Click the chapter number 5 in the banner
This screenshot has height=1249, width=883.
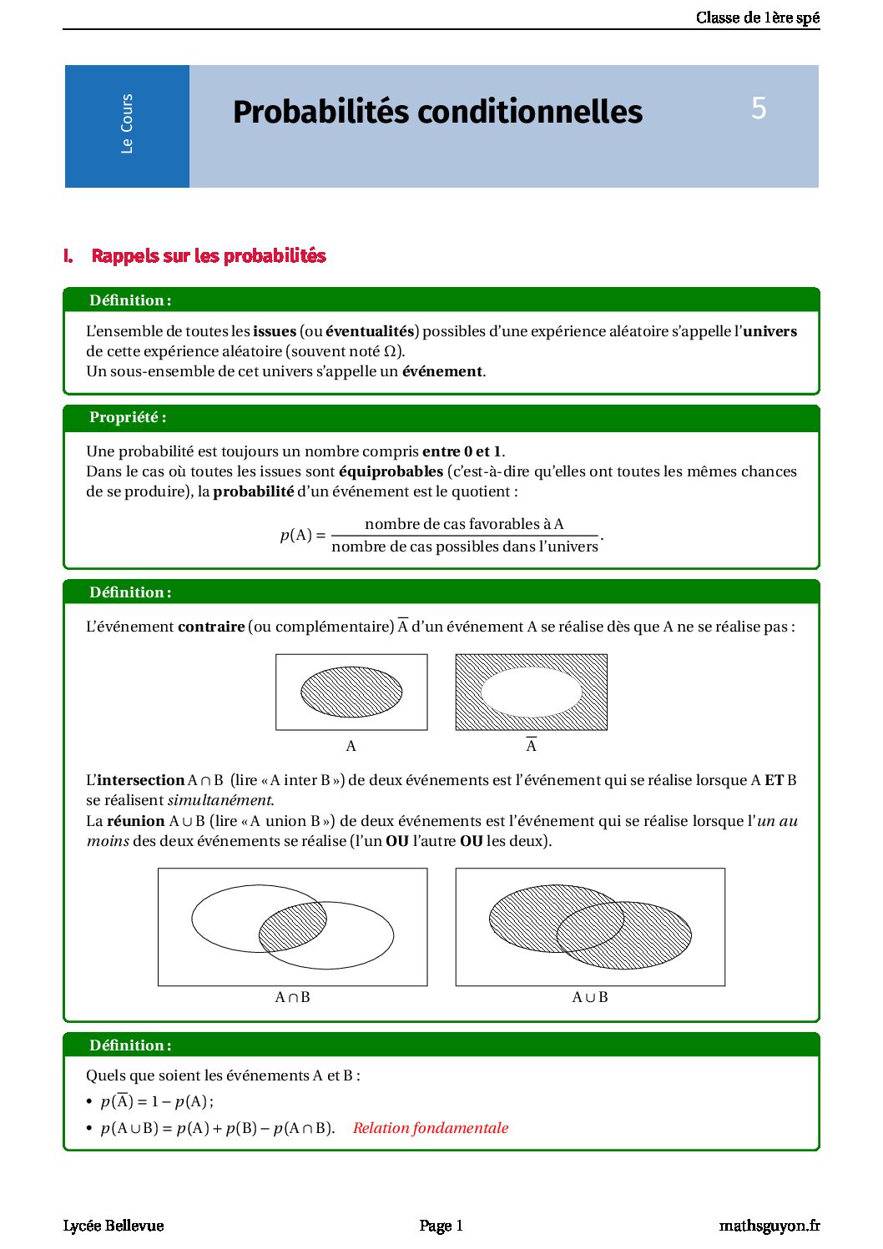(x=758, y=108)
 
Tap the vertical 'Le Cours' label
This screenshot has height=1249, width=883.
(x=127, y=124)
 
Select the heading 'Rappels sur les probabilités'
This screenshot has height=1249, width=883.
(x=208, y=256)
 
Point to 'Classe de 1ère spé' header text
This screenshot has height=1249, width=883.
(x=757, y=18)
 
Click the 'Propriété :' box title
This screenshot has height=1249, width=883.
(x=128, y=417)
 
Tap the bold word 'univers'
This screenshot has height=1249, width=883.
(x=769, y=331)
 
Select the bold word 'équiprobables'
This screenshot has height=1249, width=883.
(x=391, y=471)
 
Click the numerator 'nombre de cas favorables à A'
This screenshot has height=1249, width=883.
(x=464, y=524)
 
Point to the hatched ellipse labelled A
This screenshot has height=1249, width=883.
(x=351, y=692)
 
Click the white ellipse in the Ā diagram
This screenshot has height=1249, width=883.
(x=531, y=692)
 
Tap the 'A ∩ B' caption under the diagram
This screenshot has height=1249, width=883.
(x=292, y=997)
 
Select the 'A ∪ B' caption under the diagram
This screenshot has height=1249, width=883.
(x=589, y=997)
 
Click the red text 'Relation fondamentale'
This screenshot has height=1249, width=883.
(x=430, y=1128)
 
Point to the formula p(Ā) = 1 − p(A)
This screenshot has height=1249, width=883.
(x=156, y=1101)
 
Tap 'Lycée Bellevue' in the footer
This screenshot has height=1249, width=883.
(x=114, y=1226)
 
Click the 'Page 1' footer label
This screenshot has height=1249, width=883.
(x=441, y=1226)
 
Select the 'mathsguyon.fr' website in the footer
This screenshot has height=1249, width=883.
(x=769, y=1226)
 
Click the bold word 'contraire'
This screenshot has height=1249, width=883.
(x=211, y=627)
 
